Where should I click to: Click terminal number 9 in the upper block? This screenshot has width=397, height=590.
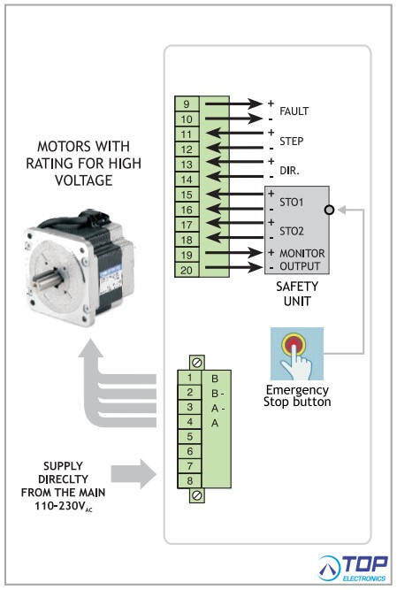(187, 104)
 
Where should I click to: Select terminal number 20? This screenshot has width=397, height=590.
(187, 270)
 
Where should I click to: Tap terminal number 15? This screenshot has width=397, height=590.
(187, 195)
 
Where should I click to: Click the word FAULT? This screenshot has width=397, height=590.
(294, 111)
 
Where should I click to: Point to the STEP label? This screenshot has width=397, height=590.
(292, 142)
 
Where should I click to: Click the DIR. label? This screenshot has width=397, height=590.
(289, 171)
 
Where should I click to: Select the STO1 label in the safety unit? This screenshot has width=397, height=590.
(292, 203)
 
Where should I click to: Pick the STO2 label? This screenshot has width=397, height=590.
(292, 231)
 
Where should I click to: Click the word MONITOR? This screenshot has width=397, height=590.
(302, 253)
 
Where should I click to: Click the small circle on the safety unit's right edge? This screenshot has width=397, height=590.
(329, 210)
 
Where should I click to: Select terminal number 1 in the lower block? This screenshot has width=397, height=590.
(189, 378)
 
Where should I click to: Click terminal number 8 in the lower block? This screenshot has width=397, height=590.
(189, 480)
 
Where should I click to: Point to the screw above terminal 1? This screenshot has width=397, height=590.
(196, 363)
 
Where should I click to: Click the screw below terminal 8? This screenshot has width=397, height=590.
(196, 495)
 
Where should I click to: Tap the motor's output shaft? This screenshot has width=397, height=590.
(44, 278)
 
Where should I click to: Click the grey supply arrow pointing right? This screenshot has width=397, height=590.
(134, 474)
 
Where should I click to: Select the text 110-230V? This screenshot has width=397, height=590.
(60, 506)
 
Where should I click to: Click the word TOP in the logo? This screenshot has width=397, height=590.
(364, 564)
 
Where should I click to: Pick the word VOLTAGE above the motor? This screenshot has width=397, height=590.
(84, 180)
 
